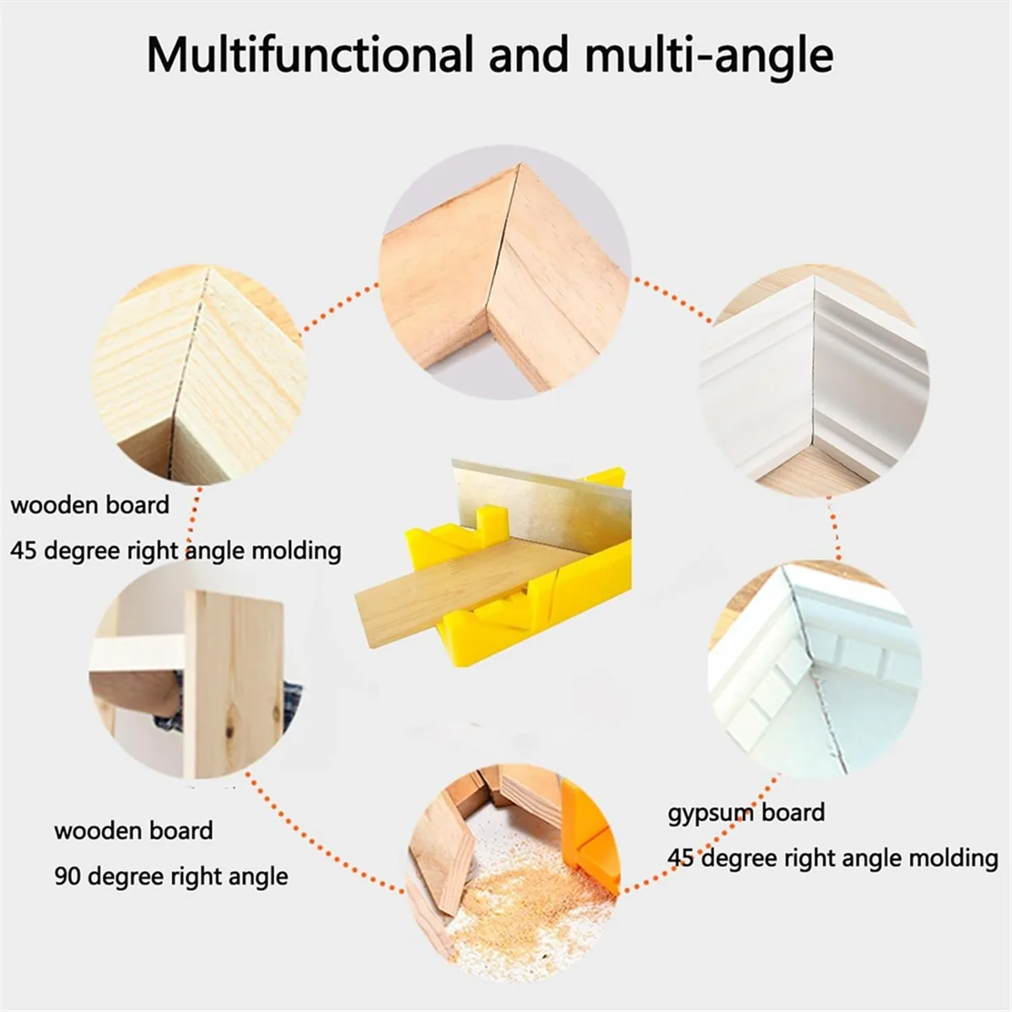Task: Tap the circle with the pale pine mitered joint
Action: tap(199, 375)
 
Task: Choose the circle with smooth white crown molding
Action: tap(814, 379)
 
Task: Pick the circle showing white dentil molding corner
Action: tap(814, 666)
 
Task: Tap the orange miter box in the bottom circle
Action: tap(590, 835)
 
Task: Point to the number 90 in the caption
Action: tap(68, 876)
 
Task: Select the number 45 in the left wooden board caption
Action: tap(24, 551)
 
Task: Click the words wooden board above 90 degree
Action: tap(133, 831)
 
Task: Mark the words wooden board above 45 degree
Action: tap(89, 505)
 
